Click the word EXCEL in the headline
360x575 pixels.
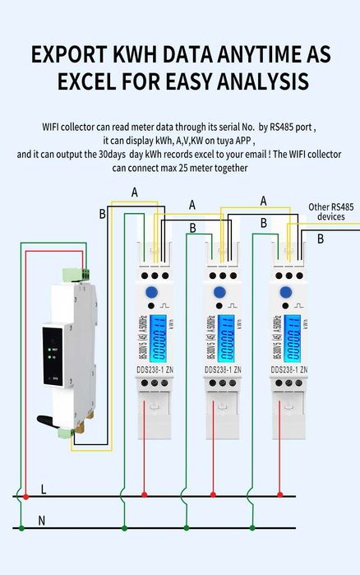pos(95,82)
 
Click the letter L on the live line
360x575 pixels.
pos(44,489)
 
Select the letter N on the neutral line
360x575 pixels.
pos(44,520)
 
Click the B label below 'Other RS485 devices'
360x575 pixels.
pos(321,239)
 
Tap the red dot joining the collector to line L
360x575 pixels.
pos(26,496)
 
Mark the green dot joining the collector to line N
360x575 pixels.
pos(20,527)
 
